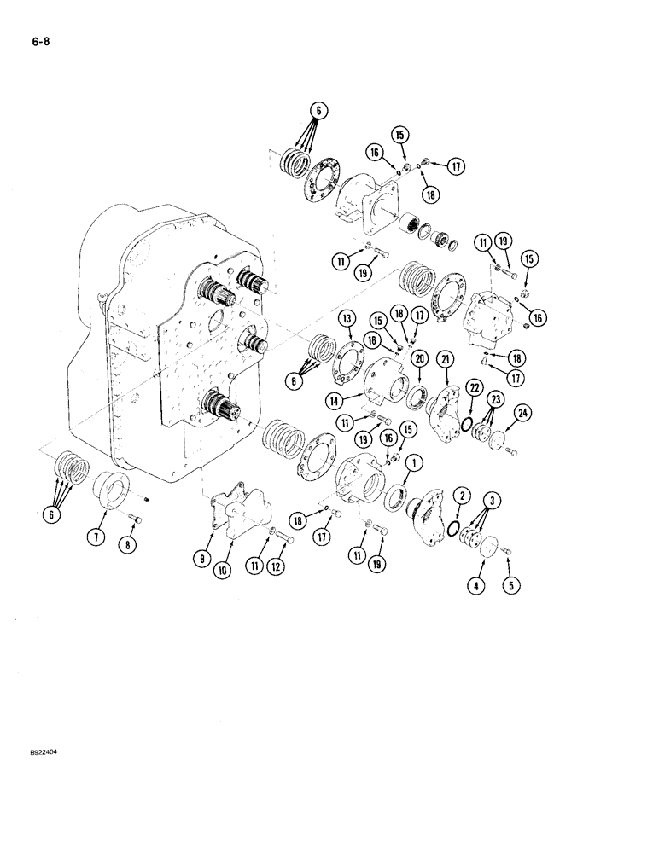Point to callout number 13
point(322,319)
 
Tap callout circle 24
point(521,414)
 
